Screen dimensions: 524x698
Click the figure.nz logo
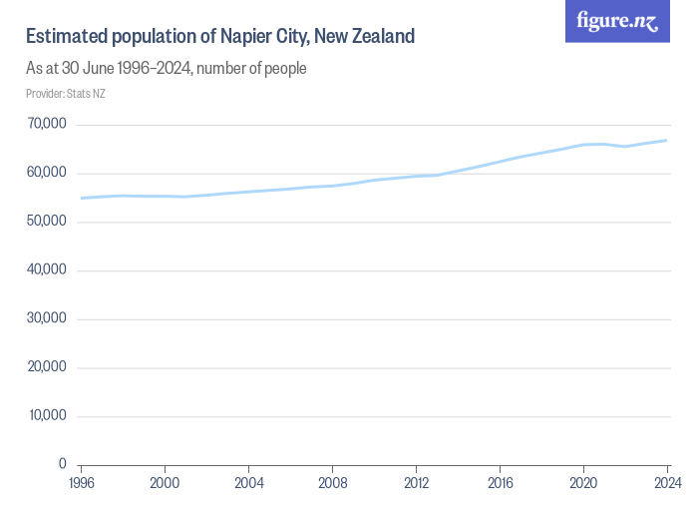617,21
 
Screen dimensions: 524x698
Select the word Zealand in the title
380,37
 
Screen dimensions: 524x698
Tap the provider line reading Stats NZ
65,94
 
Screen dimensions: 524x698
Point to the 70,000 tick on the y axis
47,125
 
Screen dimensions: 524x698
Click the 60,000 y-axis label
47,174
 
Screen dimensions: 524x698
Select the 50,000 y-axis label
47,222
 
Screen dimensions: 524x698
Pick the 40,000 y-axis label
47,270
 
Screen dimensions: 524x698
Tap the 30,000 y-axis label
47,319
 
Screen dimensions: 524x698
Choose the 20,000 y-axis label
47,367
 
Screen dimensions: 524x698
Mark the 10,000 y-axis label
47,416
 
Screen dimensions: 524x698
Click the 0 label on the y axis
62,465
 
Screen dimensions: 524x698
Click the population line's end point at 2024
666,141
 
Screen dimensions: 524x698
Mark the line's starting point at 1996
81,198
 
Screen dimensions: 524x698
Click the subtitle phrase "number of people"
257,68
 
